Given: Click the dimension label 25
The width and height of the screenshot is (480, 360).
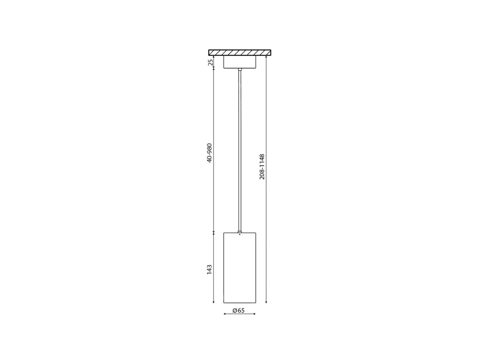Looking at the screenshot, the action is (210, 62).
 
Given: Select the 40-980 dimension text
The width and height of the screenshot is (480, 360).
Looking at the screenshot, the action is (210, 153).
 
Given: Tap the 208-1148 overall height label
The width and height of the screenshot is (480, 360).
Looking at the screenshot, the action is (262, 167).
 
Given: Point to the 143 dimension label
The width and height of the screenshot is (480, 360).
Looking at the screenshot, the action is (210, 270).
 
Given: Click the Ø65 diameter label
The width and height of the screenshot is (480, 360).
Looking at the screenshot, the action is (238, 310).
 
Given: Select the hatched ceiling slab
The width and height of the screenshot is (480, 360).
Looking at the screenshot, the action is (240, 52).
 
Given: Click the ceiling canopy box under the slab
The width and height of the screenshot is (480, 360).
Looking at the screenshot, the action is (240, 62).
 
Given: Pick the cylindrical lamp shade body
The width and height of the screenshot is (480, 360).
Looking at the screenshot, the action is (240, 268).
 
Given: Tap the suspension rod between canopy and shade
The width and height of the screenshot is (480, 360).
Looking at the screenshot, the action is (240, 150).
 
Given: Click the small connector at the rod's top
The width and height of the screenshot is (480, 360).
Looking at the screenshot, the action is (240, 69).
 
